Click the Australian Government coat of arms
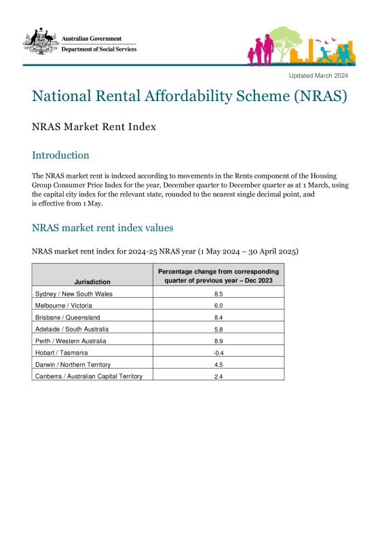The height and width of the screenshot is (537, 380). [41, 42]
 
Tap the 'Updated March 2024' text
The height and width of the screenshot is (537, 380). [318, 75]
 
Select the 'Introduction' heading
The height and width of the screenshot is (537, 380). [60, 155]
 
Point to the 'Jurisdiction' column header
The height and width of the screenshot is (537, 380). [93, 281]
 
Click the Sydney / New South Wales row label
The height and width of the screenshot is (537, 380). [73, 294]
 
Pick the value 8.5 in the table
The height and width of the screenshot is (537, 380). [218, 294]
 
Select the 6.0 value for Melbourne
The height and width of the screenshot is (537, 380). [218, 306]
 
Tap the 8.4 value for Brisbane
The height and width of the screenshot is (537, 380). [218, 317]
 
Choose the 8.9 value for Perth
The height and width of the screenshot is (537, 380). [218, 341]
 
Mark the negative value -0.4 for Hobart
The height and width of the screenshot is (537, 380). [218, 353]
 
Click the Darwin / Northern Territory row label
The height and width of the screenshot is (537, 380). [72, 365]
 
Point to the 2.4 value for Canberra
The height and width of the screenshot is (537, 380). [218, 376]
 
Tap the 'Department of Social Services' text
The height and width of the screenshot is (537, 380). [99, 49]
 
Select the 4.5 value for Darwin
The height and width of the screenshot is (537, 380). [218, 365]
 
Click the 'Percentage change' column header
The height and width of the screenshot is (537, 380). [218, 276]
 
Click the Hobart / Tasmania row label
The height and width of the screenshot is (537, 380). [61, 353]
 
